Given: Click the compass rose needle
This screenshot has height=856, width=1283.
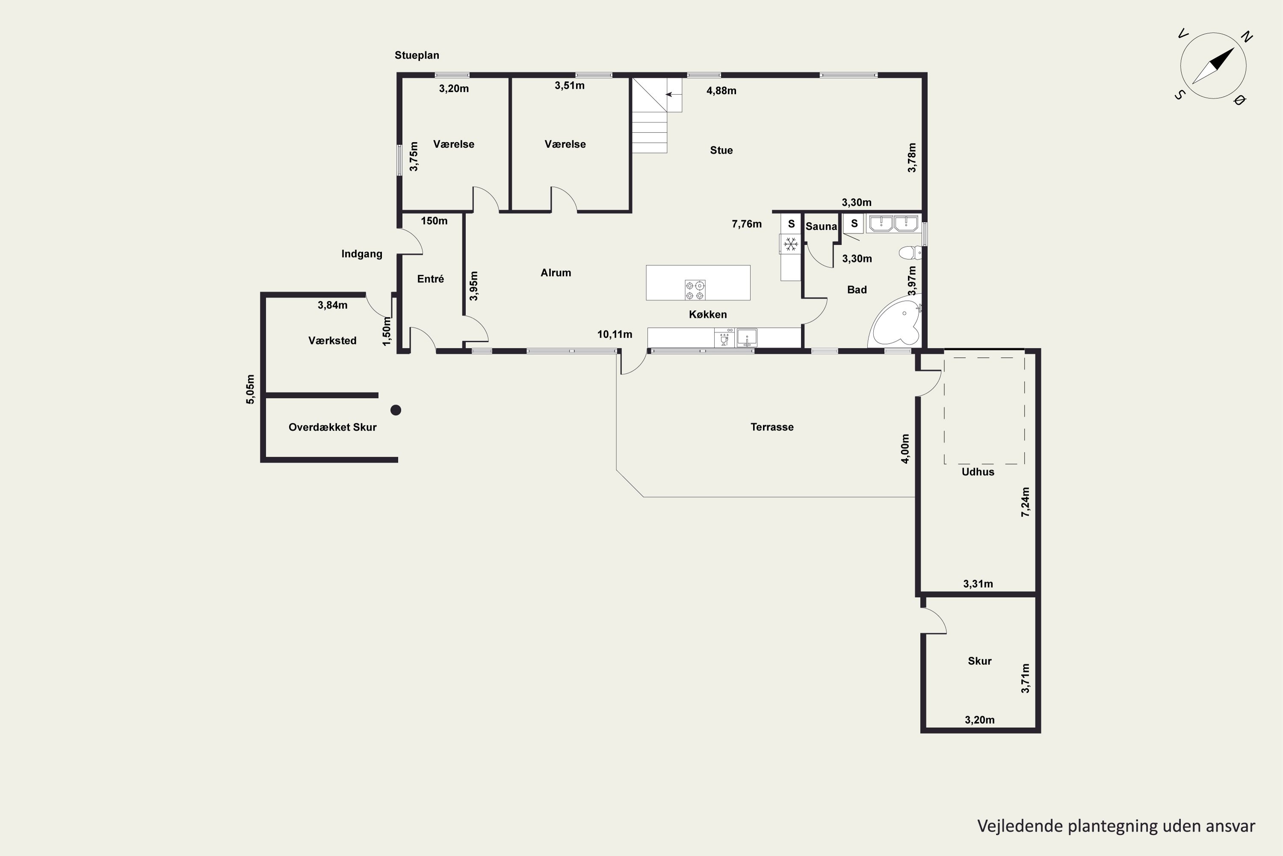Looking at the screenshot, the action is click(1214, 66).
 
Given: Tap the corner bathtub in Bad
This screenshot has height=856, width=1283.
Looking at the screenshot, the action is click(896, 323).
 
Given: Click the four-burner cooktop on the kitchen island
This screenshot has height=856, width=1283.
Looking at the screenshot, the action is click(695, 289).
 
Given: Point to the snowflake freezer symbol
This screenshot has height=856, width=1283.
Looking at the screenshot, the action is click(790, 244).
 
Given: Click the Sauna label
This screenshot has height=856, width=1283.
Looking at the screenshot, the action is click(821, 226).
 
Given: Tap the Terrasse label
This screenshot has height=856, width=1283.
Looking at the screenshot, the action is click(772, 427).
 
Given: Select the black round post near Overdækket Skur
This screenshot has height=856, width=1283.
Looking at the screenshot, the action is click(396, 410).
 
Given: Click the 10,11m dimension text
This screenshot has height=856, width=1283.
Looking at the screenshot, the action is click(615, 334).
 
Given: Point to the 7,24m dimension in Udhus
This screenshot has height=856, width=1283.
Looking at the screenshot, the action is click(1026, 502).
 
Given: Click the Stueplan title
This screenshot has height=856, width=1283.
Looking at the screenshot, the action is click(417, 55).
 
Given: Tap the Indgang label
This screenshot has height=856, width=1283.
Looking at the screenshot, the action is click(362, 254).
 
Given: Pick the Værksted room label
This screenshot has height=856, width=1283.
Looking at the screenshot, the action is click(332, 341).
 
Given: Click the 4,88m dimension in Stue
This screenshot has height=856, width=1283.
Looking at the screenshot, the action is click(721, 91).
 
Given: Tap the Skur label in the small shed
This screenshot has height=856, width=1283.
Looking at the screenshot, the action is click(980, 661).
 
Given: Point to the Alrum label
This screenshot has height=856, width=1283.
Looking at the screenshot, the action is click(556, 273).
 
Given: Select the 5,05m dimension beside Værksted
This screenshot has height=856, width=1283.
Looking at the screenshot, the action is click(250, 389).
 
